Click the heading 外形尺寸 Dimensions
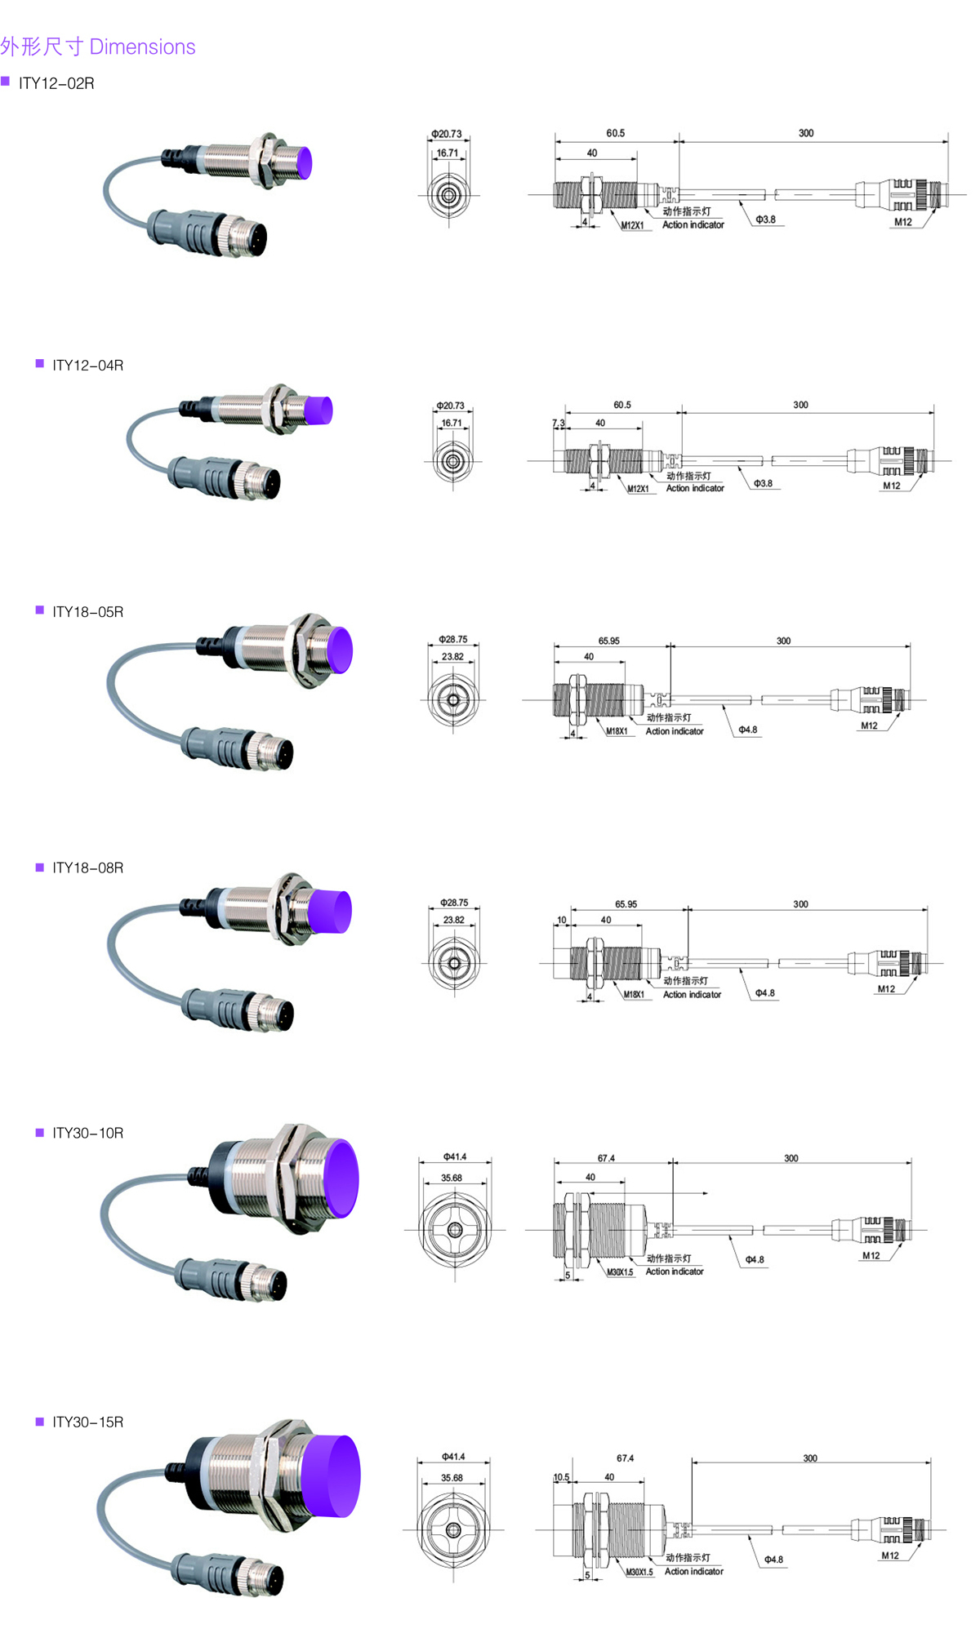(98, 47)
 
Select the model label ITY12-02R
(56, 83)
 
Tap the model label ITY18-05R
(87, 611)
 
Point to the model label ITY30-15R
(87, 1422)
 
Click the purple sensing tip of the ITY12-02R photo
(301, 162)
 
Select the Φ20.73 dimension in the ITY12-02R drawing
(447, 134)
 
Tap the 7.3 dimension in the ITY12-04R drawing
(559, 423)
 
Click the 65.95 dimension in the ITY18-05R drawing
(608, 641)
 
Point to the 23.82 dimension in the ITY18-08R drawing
(453, 920)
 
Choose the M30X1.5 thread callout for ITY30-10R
(620, 1271)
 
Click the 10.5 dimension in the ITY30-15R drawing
(561, 1477)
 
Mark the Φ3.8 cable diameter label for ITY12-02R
(765, 220)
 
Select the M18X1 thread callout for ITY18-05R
(617, 731)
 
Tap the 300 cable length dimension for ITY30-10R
(791, 1158)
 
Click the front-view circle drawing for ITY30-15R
(453, 1529)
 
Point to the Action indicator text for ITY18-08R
(692, 995)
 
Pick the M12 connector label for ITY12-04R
(891, 486)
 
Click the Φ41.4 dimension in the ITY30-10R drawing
(455, 1156)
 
